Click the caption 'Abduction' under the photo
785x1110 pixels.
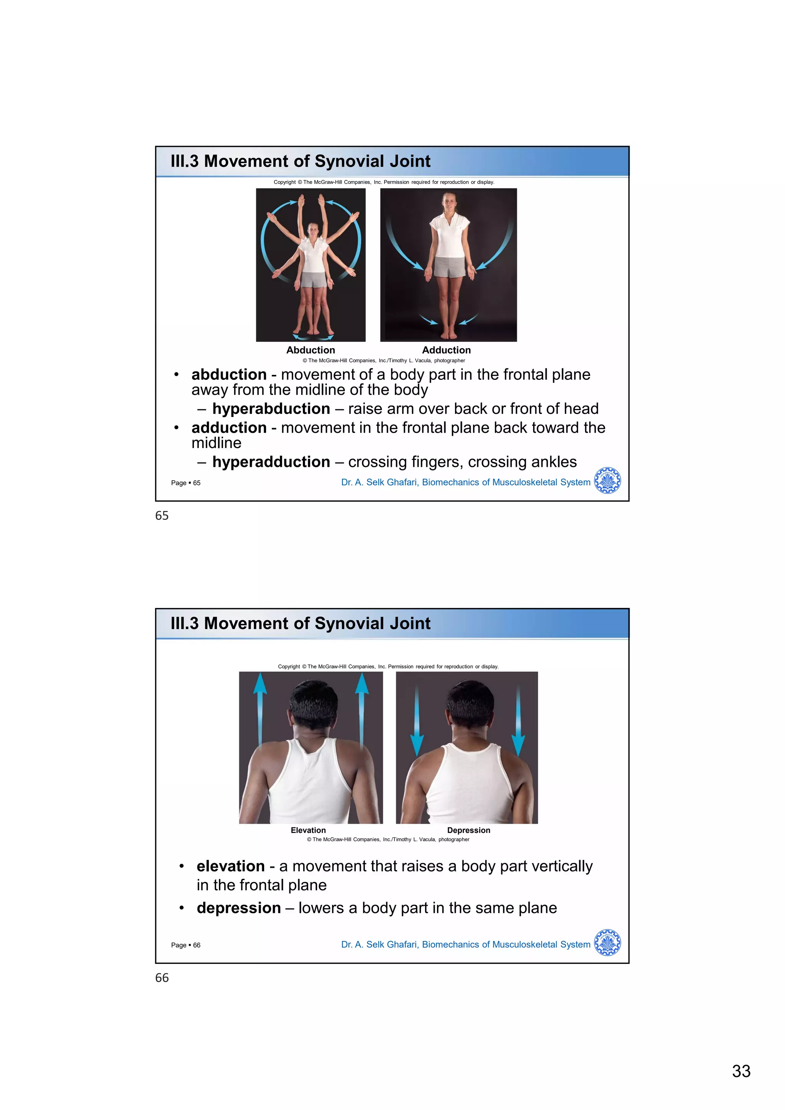point(310,350)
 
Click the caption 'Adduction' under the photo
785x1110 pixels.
point(446,350)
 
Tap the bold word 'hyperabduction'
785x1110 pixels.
point(271,409)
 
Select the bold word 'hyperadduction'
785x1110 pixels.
point(271,462)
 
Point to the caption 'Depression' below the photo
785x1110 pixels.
point(468,830)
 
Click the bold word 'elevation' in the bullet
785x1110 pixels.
point(231,866)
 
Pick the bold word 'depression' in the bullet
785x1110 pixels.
point(239,908)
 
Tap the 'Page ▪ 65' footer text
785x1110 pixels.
point(186,483)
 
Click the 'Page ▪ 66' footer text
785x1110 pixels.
point(186,945)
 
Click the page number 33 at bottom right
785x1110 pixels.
point(741,1071)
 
